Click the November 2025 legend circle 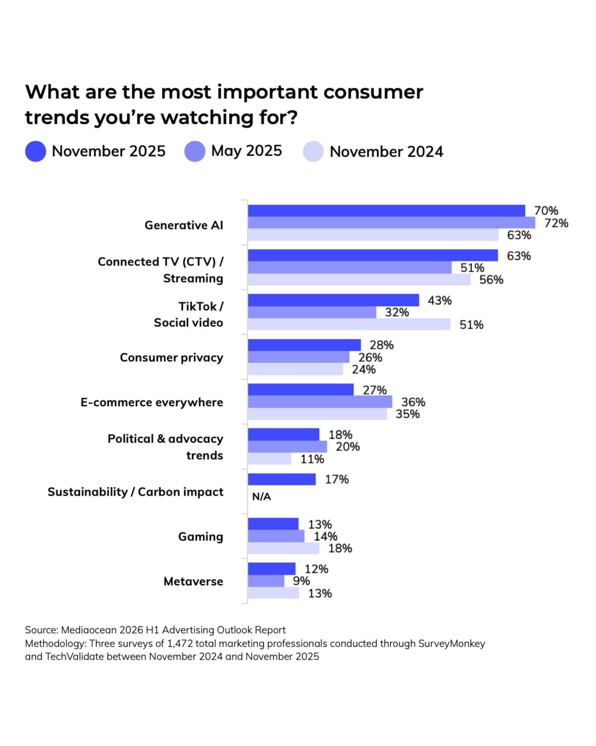[x=36, y=151]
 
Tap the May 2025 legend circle [x=195, y=151]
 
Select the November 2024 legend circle [x=313, y=151]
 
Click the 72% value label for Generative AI [x=556, y=223]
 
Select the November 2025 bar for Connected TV [x=372, y=255]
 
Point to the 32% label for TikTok [x=397, y=312]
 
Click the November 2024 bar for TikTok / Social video [x=349, y=324]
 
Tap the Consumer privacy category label [x=171, y=358]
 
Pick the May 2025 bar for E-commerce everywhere [x=320, y=402]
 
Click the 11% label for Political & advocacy [x=312, y=459]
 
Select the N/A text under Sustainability [x=262, y=496]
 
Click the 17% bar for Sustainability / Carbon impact [x=282, y=479]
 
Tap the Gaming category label [x=201, y=537]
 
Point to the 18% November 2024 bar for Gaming [x=283, y=548]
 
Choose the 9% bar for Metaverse [x=266, y=581]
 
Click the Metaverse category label [x=193, y=581]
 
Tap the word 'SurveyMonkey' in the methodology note [x=451, y=644]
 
